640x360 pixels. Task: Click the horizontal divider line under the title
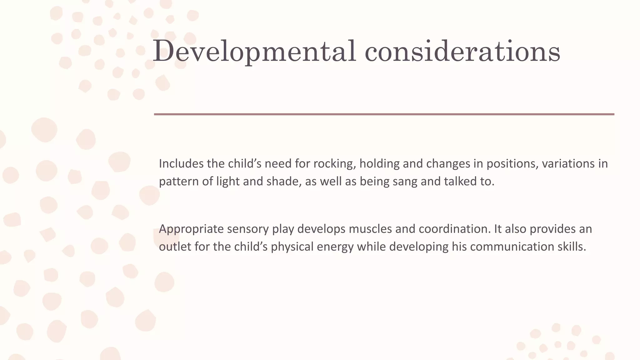[384, 114]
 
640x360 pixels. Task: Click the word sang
[405, 181]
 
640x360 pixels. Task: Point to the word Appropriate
[191, 229]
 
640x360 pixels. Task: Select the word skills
[572, 247]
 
